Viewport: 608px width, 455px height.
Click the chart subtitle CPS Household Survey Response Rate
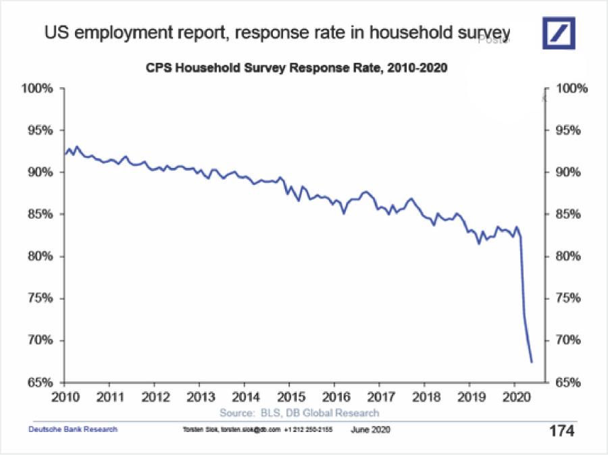[297, 68]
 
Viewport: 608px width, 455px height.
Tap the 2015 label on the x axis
[289, 396]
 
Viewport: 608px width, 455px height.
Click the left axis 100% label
[38, 88]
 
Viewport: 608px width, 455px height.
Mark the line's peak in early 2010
[76, 146]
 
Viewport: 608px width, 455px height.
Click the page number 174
[561, 430]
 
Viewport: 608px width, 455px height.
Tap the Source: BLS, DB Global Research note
[299, 412]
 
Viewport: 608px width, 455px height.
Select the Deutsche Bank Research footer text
[72, 429]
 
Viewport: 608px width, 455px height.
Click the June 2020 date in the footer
[370, 429]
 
